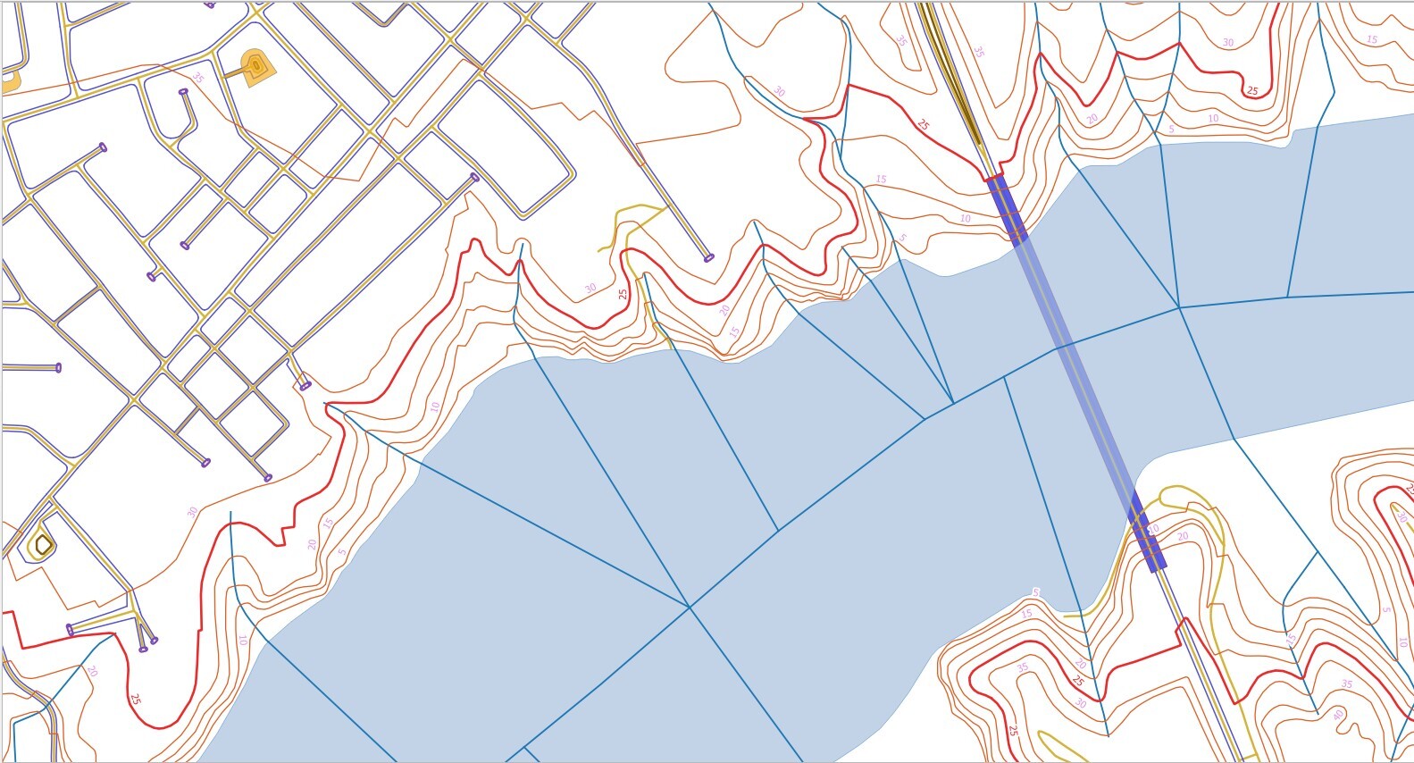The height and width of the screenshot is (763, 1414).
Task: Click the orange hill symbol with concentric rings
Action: [x=256, y=65]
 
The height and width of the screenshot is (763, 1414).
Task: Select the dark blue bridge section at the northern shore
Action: [x=1007, y=208]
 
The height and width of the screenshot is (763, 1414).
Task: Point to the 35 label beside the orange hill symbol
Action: [x=198, y=80]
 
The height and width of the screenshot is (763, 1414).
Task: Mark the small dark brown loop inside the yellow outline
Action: [x=42, y=542]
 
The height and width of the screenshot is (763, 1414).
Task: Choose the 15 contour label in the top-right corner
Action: [x=1372, y=39]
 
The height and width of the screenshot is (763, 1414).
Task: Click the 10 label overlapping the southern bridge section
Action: [x=1153, y=529]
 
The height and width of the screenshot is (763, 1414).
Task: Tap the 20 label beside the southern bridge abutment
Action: [x=1183, y=536]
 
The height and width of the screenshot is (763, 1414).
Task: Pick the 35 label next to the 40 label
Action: [x=1347, y=684]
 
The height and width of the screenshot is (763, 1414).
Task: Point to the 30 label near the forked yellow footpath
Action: [x=590, y=288]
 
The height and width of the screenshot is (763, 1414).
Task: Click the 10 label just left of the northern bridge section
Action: [x=965, y=218]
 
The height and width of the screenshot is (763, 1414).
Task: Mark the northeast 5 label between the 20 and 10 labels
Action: [x=1170, y=130]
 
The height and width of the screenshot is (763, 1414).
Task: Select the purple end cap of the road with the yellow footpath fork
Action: [x=709, y=257]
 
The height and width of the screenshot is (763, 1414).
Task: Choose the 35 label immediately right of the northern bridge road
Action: [x=978, y=52]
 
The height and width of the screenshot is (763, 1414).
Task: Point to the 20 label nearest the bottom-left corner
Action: [x=91, y=671]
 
